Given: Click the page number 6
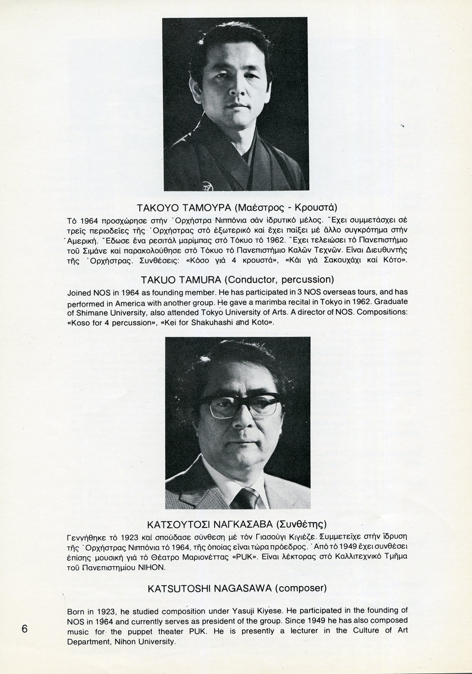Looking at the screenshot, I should pos(24,628).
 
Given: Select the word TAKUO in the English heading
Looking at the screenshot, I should pos(162,279).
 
